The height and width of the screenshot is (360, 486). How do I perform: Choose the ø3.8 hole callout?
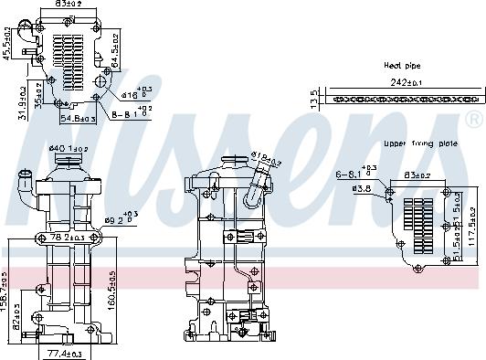363,190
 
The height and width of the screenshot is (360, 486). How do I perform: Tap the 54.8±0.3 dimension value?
79,119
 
